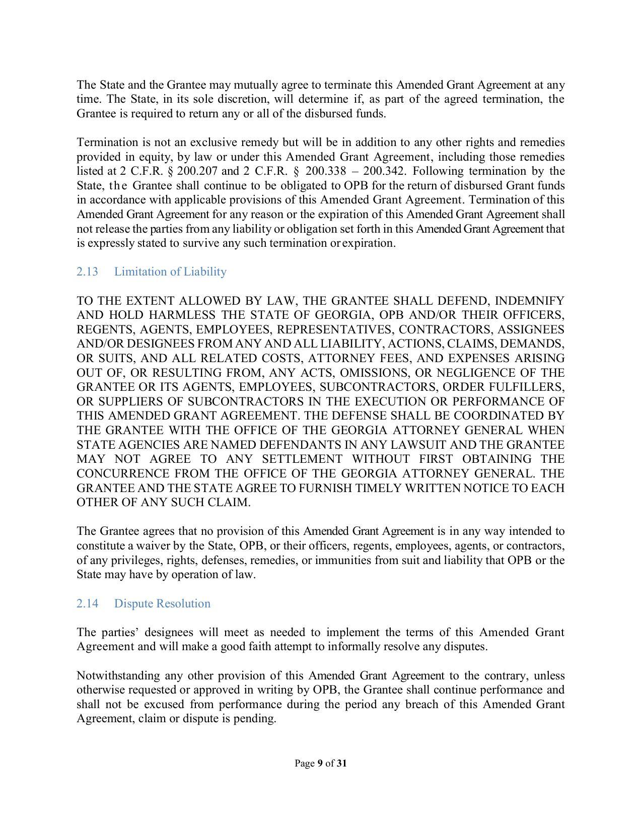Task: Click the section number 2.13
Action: pos(87,271)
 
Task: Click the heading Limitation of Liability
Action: pos(170,271)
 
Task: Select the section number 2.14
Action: pos(87,603)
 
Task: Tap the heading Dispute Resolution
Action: pos(162,603)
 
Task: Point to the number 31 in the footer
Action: pos(342,763)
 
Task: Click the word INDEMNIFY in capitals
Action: pos(530,301)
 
